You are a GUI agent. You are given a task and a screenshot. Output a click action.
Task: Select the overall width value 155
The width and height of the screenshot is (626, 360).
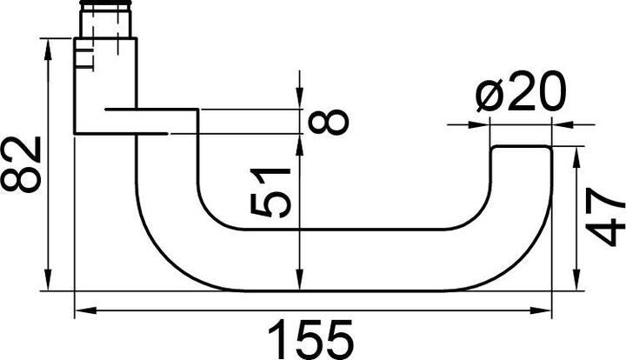(x=310, y=338)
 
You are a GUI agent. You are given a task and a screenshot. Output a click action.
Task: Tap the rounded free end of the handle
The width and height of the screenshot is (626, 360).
(x=521, y=157)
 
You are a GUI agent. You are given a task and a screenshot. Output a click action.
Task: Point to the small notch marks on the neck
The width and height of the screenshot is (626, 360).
(x=82, y=59)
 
